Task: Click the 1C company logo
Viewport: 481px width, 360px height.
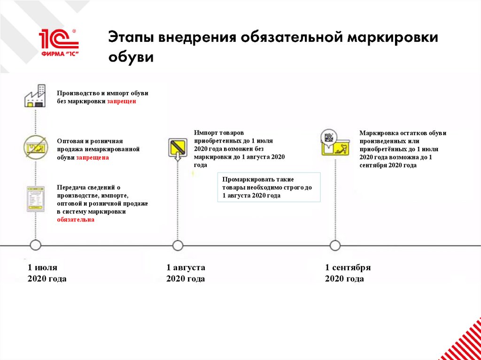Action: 58,42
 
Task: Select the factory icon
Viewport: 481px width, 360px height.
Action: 35,96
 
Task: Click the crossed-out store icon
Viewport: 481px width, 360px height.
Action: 35,147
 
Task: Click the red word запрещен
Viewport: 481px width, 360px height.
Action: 121,101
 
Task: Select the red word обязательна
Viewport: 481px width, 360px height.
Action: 75,220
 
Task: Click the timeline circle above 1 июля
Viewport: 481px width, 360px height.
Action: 35,245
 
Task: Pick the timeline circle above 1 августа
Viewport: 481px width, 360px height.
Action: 178,245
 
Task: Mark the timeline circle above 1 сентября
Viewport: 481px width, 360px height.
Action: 335,245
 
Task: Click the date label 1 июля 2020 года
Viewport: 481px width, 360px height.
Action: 47,273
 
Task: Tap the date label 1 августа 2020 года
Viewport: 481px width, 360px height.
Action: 186,273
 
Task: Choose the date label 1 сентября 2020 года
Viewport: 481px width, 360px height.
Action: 348,273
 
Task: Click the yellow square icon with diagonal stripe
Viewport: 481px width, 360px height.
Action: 178,147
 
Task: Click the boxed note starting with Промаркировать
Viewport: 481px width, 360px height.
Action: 269,187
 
